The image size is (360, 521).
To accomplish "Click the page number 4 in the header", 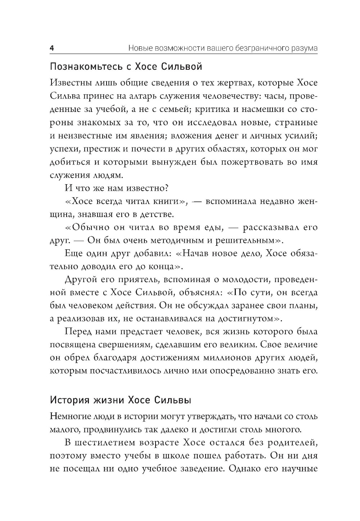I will (51, 48).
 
